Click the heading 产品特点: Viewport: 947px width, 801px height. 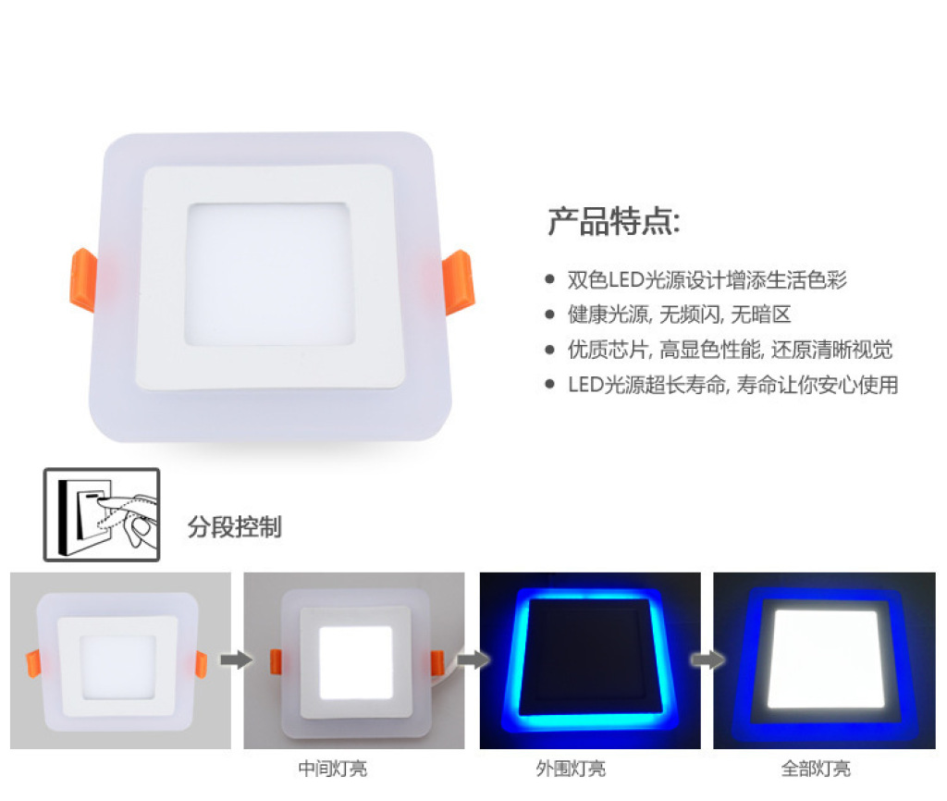point(614,221)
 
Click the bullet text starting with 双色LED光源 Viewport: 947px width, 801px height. point(707,279)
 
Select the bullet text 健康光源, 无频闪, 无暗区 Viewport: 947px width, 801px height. point(679,314)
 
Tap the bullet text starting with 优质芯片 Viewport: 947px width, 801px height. point(730,349)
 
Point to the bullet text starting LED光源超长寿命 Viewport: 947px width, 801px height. point(732,384)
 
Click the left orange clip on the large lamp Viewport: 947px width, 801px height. point(84,279)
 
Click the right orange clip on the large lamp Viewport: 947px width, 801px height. point(459,282)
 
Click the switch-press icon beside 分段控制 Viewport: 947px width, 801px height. point(102,514)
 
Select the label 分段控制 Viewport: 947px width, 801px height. point(234,526)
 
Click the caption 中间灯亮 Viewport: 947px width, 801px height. point(333,769)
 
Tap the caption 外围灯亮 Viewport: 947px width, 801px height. point(571,769)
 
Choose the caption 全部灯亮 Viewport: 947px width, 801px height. point(816,769)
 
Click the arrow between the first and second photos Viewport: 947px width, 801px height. point(236,659)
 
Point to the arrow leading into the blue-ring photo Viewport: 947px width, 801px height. point(473,659)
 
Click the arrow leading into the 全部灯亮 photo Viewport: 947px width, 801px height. point(707,659)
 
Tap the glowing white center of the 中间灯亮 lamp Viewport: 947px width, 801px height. point(355,662)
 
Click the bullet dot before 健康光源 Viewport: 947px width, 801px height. point(549,314)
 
